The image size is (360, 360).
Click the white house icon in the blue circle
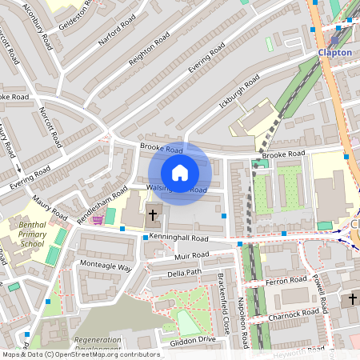(180, 172)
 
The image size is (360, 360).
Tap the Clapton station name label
(334, 52)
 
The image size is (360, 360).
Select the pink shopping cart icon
(98, 218)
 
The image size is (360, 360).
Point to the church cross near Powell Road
(352, 300)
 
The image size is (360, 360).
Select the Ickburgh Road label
(237, 85)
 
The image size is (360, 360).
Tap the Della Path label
(184, 274)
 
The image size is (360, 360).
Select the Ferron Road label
(286, 281)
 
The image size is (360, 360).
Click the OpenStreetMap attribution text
(80, 354)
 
